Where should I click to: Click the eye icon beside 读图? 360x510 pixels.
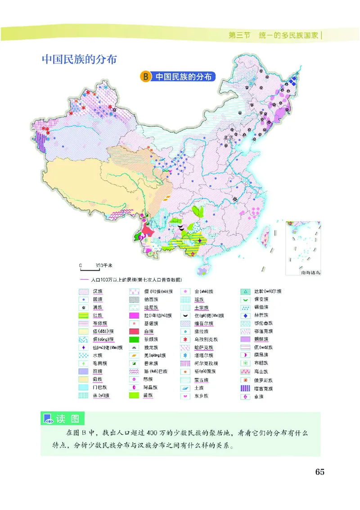pos(48,419)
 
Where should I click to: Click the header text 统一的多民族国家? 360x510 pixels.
pos(288,35)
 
